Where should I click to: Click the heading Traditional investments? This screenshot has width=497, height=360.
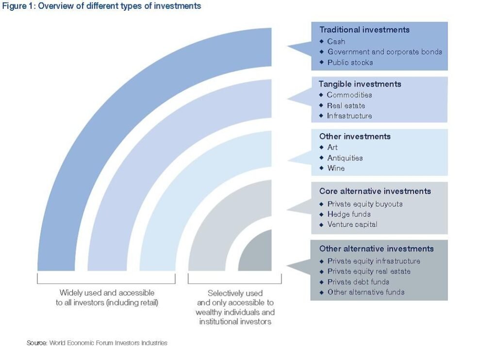364,30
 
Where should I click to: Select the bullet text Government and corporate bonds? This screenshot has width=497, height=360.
384,52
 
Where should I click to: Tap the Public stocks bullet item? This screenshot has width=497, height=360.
350,63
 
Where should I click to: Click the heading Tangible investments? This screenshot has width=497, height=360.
360,84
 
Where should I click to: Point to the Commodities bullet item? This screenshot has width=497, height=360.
349,95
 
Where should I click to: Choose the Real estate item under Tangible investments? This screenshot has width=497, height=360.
346,105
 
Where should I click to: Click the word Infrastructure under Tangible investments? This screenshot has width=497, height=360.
349,116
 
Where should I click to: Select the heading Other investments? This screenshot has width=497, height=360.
355,137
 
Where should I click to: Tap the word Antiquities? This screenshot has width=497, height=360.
345,158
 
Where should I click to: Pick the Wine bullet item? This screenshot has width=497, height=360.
336,168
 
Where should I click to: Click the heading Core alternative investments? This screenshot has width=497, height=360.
375,191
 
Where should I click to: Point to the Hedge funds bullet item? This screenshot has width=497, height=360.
348,214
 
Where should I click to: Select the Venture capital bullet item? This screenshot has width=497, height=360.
352,224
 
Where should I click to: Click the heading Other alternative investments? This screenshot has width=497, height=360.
376,249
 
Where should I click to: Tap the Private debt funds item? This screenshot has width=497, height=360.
358,282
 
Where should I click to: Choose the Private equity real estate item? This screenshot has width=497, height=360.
369,272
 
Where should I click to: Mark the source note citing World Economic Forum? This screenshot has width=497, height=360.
97,343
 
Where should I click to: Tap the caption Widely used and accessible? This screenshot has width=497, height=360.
107,293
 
